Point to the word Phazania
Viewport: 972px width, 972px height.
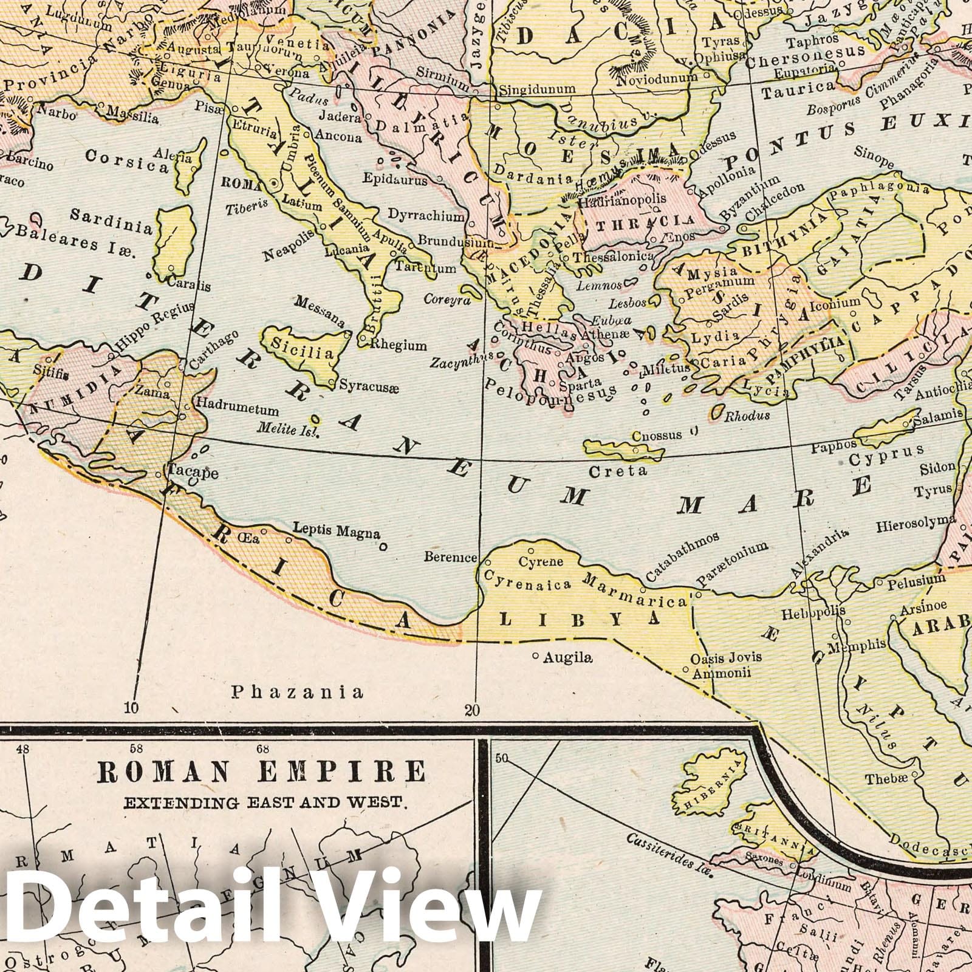click(x=298, y=691)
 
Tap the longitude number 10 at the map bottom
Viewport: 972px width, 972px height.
click(x=132, y=707)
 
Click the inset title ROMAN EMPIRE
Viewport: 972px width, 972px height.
click(x=261, y=772)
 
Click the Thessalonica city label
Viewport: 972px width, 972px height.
click(x=613, y=256)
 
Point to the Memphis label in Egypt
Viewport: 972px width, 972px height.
click(x=860, y=645)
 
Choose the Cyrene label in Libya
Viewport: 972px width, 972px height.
click(x=541, y=561)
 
